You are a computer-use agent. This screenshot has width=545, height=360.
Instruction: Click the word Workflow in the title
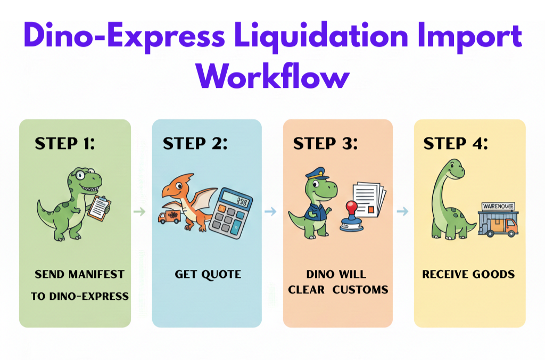tap(273, 76)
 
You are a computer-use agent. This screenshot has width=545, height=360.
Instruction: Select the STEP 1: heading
tap(64, 143)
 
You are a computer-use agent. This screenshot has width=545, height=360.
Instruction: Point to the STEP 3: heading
tap(325, 143)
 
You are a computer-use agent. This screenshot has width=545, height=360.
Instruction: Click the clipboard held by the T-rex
tap(99, 208)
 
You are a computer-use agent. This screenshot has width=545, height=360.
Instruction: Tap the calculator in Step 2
tap(231, 212)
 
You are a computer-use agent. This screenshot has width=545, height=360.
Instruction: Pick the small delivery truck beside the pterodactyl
tap(170, 217)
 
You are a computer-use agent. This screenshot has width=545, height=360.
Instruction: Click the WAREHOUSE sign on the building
tap(498, 206)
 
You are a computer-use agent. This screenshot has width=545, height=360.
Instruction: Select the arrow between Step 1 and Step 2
tap(139, 211)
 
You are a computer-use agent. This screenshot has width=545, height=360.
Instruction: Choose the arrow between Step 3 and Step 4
tap(402, 211)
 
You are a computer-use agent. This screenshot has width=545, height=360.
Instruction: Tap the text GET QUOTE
tap(208, 274)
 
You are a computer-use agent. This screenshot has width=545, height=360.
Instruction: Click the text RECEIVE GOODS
tap(468, 274)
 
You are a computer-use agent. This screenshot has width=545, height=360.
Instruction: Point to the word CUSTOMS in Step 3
tap(360, 290)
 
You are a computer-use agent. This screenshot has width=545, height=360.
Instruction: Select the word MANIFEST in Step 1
tap(96, 274)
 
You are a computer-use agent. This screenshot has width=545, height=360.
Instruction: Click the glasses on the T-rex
tap(84, 174)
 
